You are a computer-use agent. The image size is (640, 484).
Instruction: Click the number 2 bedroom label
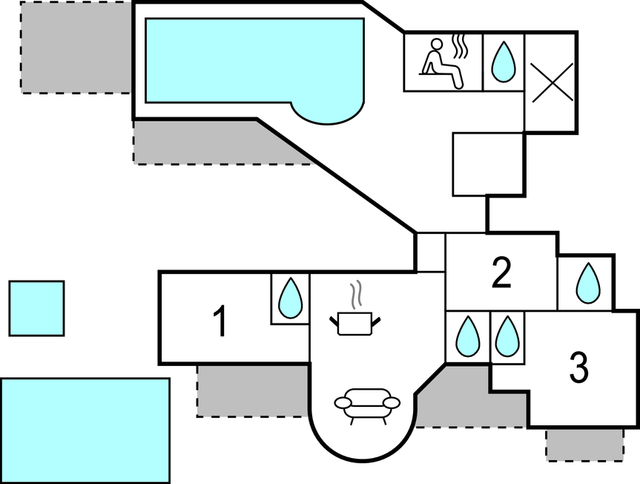pyautogui.click(x=502, y=273)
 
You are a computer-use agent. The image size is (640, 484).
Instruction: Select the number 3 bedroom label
pyautogui.click(x=579, y=367)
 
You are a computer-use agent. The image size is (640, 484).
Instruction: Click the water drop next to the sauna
pyautogui.click(x=504, y=62)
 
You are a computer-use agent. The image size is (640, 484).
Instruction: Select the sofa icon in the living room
pyautogui.click(x=367, y=405)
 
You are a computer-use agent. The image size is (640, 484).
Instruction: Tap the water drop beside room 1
pyautogui.click(x=289, y=298)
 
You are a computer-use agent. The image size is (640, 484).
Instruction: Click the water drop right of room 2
pyautogui.click(x=588, y=284)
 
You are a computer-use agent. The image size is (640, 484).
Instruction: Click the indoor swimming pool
pyautogui.click(x=252, y=61)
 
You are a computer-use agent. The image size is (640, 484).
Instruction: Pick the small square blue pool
pyautogui.click(x=36, y=308)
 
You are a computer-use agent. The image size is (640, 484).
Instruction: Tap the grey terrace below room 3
pyautogui.click(x=584, y=444)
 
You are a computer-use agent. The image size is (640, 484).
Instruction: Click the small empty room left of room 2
pyautogui.click(x=429, y=252)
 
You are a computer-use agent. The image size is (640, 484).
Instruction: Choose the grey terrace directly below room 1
pyautogui.click(x=252, y=390)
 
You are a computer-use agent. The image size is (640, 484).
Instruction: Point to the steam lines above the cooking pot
pyautogui.click(x=357, y=292)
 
